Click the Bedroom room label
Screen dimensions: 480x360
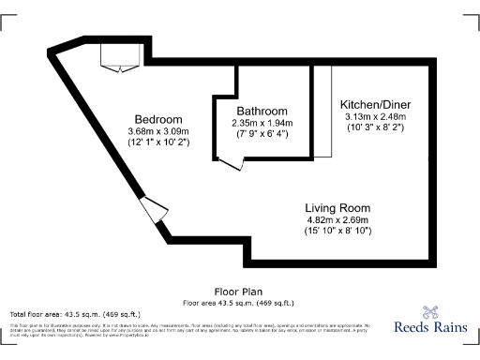[158, 119]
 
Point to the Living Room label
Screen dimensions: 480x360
[337, 207]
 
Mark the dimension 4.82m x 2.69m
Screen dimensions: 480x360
[337, 219]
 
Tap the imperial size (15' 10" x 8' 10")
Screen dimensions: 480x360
[337, 231]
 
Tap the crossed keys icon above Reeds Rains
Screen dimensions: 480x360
[430, 312]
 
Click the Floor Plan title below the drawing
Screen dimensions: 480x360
[239, 292]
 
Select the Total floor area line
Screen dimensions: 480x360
[75, 313]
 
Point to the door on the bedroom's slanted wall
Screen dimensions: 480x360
[152, 210]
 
